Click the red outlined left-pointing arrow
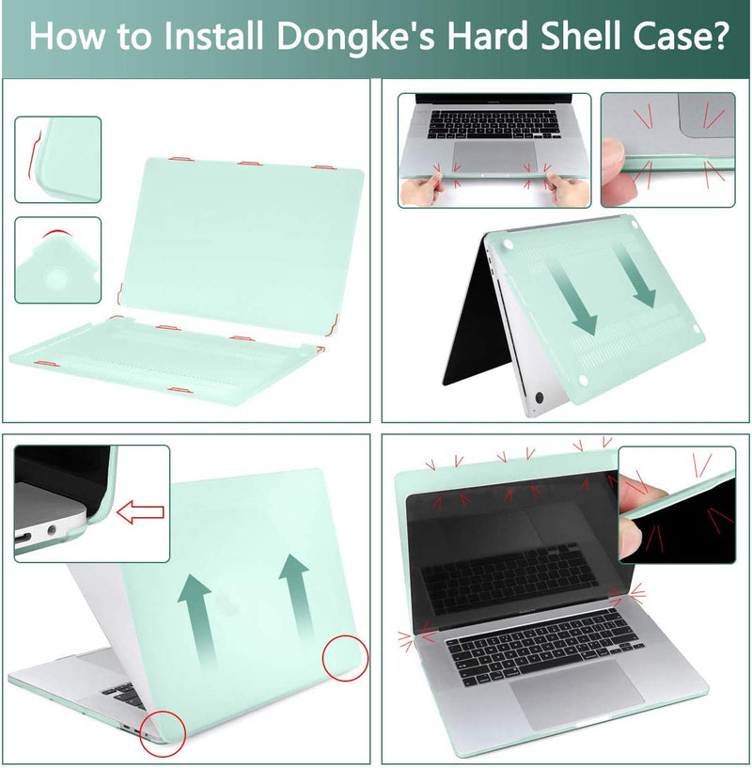[x=139, y=512]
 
